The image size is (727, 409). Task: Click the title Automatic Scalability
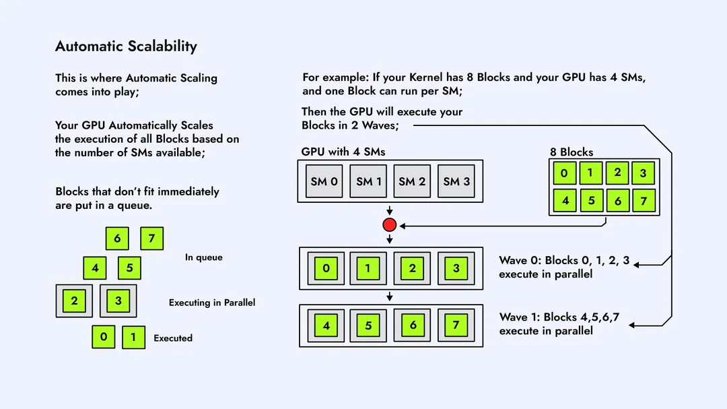pyautogui.click(x=126, y=46)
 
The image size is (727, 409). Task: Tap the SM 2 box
pyautogui.click(x=412, y=181)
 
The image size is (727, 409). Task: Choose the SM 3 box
pyautogui.click(x=456, y=181)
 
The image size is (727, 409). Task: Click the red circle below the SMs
pyautogui.click(x=389, y=225)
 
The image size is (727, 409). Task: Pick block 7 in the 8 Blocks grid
pyautogui.click(x=644, y=201)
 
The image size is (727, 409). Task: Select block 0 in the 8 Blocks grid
pyautogui.click(x=564, y=173)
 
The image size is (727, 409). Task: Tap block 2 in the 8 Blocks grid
pyautogui.click(x=617, y=172)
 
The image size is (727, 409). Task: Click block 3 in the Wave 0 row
pyautogui.click(x=456, y=268)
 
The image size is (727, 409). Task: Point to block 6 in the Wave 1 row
pyautogui.click(x=413, y=325)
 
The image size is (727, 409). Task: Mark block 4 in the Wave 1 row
pyautogui.click(x=326, y=326)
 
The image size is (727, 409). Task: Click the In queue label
pyautogui.click(x=203, y=257)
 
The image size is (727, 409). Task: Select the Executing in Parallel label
pyautogui.click(x=212, y=303)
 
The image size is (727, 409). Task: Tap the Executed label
pyautogui.click(x=173, y=338)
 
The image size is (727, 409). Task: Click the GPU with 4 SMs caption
pyautogui.click(x=343, y=152)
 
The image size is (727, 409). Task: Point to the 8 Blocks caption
pyautogui.click(x=572, y=152)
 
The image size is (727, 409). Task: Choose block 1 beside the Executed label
pyautogui.click(x=133, y=338)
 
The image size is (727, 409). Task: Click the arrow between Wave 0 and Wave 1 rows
pyautogui.click(x=389, y=296)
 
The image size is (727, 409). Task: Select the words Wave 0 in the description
pyautogui.click(x=519, y=260)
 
